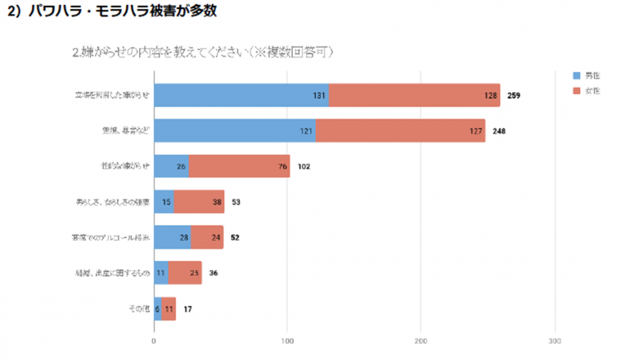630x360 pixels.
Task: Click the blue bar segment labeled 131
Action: pos(241,95)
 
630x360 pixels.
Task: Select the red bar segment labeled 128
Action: pos(415,95)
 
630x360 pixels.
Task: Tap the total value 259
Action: pos(514,96)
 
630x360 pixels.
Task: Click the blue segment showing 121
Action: pos(235,130)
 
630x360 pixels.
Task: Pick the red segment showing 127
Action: pos(400,130)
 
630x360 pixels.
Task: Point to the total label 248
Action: pos(498,131)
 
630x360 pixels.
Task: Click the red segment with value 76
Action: pos(240,166)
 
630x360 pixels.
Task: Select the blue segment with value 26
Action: pos(171,166)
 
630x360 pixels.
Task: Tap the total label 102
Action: pos(304,166)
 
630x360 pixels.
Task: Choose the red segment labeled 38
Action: pos(199,201)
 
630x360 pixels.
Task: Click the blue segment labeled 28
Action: pos(172,237)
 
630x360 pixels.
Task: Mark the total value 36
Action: pos(213,273)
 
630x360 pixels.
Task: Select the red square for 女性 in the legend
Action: pos(577,91)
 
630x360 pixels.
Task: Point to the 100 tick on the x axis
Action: pos(287,340)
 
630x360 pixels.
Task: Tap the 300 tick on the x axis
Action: pos(555,340)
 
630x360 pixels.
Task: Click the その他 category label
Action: pos(138,309)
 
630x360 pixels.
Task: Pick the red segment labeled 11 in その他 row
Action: pos(169,308)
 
